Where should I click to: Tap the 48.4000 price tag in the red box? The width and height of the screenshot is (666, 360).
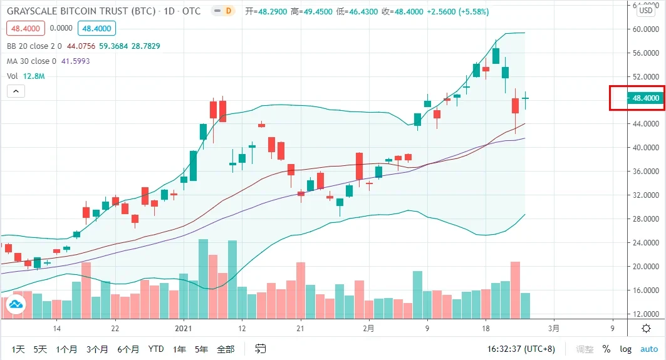coord(645,98)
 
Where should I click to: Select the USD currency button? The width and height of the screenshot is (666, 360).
coord(646,10)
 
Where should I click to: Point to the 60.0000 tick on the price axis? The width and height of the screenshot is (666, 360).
coord(645,29)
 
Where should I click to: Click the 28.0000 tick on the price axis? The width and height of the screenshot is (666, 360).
coord(645,219)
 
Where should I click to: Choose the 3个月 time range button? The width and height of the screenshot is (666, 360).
coord(98,349)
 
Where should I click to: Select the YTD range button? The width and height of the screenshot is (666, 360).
coord(157,349)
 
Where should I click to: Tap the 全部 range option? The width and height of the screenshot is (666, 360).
coord(225,349)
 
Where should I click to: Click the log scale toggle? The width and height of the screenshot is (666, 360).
coord(626,349)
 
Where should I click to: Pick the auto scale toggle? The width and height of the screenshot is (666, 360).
coord(649,349)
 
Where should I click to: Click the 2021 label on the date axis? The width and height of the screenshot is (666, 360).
coord(183,328)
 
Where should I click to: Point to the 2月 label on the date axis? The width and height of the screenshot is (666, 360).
coord(369,328)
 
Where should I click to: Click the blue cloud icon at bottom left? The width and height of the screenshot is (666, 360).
coord(15,305)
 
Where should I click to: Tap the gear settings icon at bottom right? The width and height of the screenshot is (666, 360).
coord(646,328)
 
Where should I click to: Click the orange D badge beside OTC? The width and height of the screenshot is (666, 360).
coord(229,11)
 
